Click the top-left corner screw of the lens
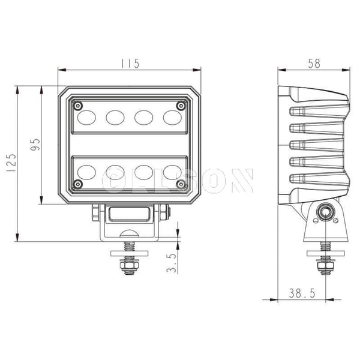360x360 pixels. [77, 104]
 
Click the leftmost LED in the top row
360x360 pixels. [87, 116]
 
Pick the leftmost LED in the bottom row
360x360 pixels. [87, 172]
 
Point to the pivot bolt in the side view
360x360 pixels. [326, 212]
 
